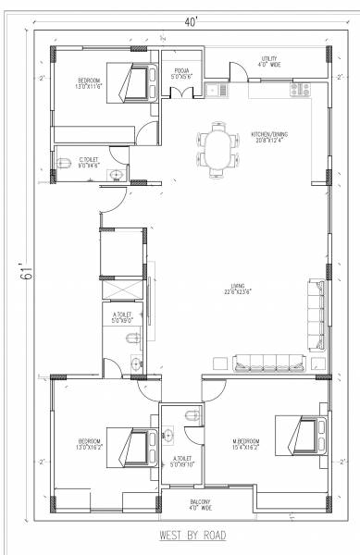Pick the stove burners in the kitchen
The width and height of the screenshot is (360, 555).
coord(300,91)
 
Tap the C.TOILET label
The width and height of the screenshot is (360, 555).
coord(89,161)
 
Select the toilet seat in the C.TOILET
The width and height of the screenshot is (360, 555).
coord(64,163)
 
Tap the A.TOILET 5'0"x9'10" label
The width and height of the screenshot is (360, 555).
coord(181,462)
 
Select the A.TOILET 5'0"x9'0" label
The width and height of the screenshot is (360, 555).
coord(123,319)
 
